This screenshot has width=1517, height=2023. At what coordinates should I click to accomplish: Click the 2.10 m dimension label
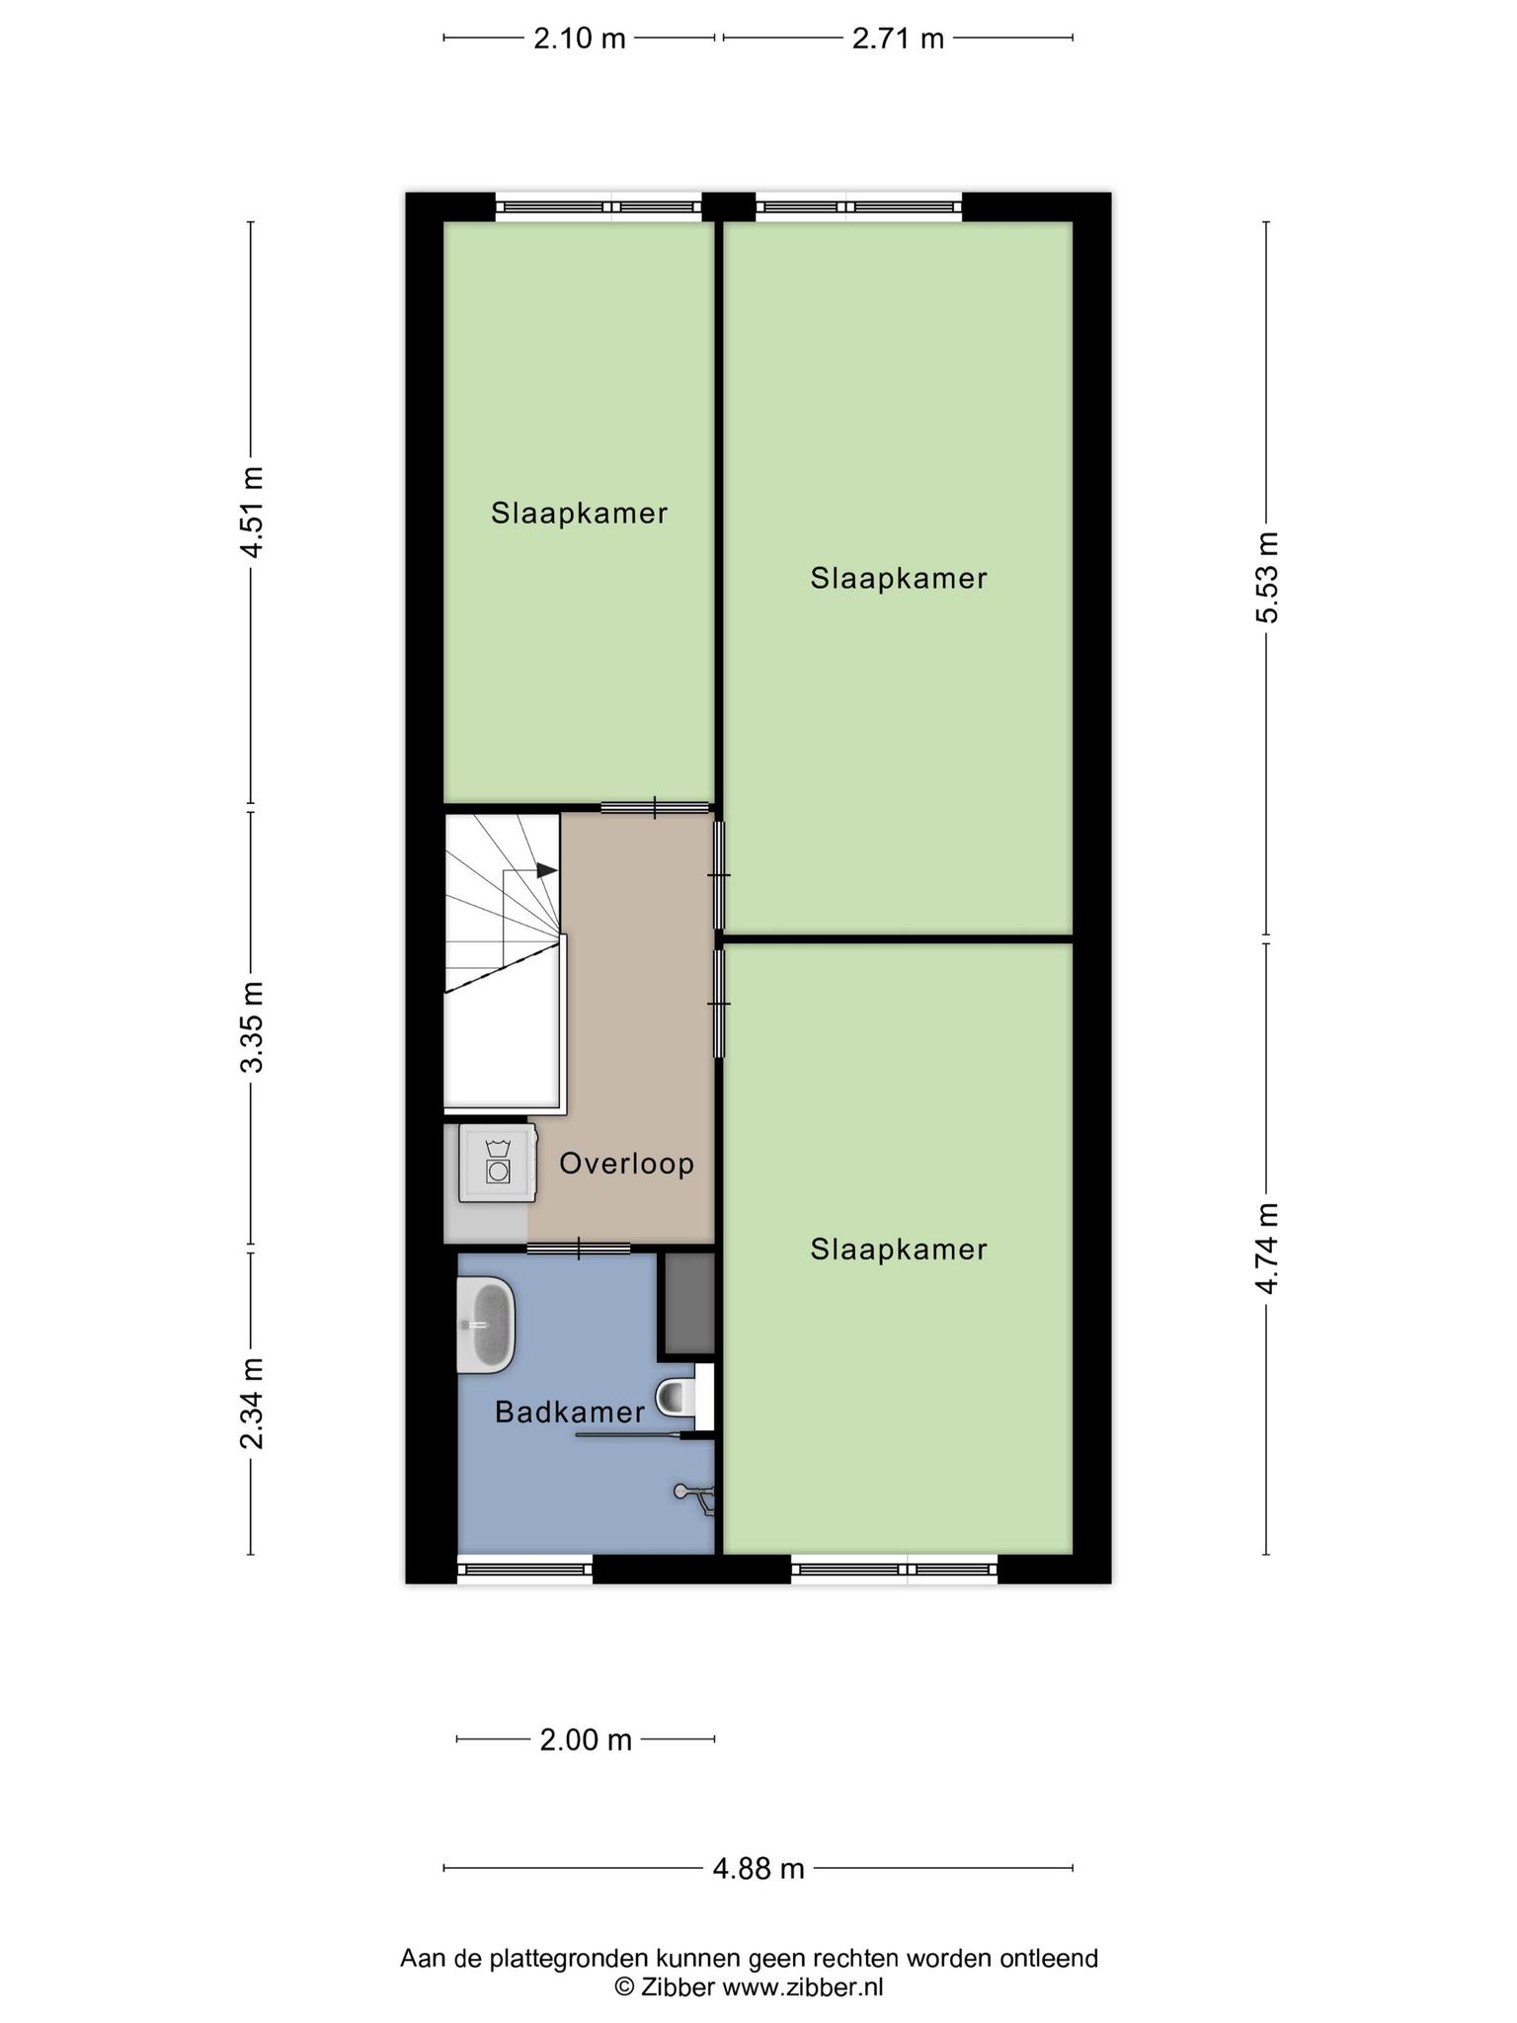pos(580,39)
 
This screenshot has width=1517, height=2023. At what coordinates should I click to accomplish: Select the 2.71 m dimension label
pos(898,39)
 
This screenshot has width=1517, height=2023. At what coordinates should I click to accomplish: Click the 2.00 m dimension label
pos(586,1740)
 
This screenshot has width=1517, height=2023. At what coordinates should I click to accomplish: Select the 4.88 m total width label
pos(758,1869)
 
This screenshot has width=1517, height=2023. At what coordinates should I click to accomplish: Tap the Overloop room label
pos(627,1164)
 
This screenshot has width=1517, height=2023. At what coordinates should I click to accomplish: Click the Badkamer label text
pos(570,1413)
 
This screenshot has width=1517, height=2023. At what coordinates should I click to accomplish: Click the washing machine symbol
pos(499,1163)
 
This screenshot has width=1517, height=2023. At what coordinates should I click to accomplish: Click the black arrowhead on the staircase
pos(547,870)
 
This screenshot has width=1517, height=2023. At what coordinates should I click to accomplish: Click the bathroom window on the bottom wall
pos(525,1569)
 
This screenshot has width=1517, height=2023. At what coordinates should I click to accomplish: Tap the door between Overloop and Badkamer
pos(579,1249)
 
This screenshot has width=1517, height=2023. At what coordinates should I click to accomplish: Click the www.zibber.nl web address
pos(803,1986)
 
